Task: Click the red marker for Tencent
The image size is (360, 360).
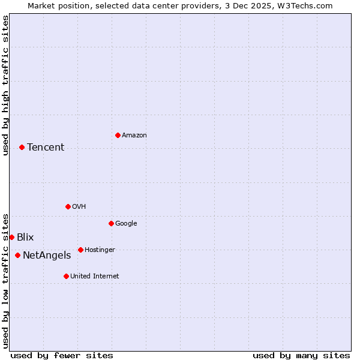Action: [x=22, y=147]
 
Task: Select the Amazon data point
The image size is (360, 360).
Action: [x=118, y=135]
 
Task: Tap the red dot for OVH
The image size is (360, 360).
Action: [x=68, y=206]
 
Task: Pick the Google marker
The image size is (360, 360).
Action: [x=111, y=223]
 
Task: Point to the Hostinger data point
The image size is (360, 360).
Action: [x=80, y=250]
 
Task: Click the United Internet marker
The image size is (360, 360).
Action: [x=66, y=276]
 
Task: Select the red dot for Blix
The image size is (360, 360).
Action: [x=11, y=237]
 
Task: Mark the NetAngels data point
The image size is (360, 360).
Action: [x=17, y=255]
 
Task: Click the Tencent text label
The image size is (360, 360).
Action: [x=46, y=148]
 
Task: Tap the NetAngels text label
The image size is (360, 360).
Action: [x=47, y=256]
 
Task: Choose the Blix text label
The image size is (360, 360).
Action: [x=25, y=238]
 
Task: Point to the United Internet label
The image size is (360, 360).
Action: [x=95, y=277]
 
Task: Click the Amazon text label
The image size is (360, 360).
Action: [x=134, y=136]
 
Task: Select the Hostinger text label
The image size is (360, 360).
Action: [x=100, y=250]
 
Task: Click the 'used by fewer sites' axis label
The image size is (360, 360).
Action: [x=62, y=355]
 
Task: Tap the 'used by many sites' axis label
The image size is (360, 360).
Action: [x=301, y=355]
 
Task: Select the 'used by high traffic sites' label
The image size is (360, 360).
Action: [x=5, y=85]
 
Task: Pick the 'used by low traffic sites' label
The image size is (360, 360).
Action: [x=5, y=280]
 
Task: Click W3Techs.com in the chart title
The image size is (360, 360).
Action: [x=305, y=5]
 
